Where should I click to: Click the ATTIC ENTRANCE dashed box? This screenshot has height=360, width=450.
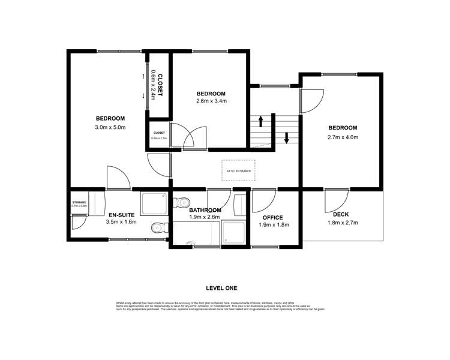(239, 170)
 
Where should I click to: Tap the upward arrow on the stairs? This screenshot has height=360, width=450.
(261, 122)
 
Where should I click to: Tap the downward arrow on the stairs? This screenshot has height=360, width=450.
(287, 137)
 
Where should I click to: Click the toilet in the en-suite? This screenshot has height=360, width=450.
(157, 227)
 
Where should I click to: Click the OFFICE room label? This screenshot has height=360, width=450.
(272, 217)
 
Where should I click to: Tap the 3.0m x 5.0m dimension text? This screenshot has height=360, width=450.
(109, 127)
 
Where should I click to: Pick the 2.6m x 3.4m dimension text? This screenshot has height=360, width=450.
(211, 101)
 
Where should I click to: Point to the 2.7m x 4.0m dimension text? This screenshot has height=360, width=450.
(342, 137)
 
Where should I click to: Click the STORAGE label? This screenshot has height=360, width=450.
(79, 202)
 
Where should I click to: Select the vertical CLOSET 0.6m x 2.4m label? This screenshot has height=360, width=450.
(158, 84)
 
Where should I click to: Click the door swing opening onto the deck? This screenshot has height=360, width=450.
(335, 200)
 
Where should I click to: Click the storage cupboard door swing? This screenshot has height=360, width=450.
(78, 222)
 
